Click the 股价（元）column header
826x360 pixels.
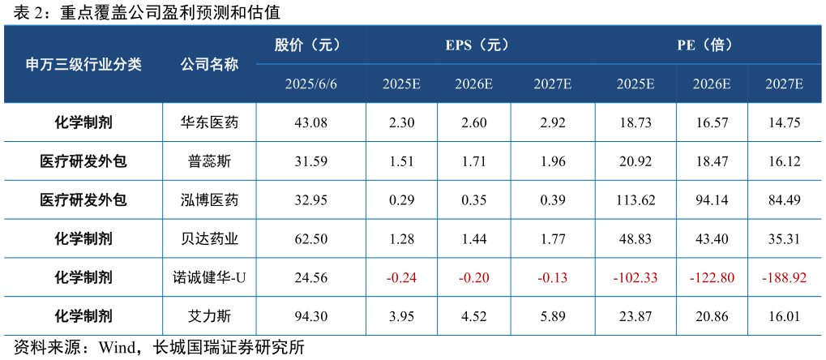coord(311,45)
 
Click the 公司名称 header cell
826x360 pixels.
coord(209,65)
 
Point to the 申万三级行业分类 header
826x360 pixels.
coord(83,65)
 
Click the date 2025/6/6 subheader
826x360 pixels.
coord(311,84)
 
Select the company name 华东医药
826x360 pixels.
coord(209,123)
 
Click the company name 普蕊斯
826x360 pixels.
coord(209,161)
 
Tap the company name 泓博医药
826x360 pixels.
coord(209,200)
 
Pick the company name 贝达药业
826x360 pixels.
coord(209,239)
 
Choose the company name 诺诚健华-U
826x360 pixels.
coord(209,278)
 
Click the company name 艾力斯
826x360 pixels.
coord(209,316)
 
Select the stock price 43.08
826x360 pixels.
coord(311,123)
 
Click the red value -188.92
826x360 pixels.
coord(784,278)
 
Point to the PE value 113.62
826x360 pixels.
coord(636,200)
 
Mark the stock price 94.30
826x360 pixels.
coord(311,316)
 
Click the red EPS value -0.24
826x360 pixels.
coord(401,278)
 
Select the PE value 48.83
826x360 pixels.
coord(636,239)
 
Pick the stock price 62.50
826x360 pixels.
coord(311,239)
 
